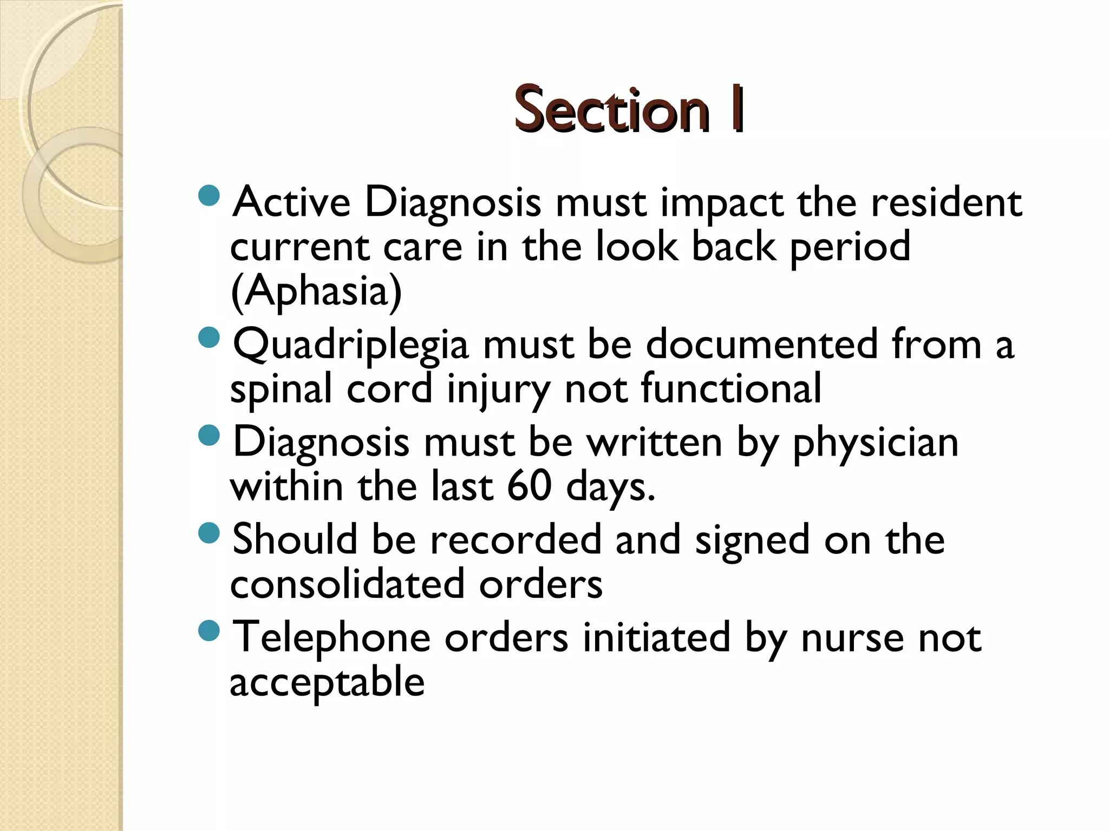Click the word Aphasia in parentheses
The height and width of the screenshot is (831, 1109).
coord(316,291)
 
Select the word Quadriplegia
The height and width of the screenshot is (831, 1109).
coord(350,345)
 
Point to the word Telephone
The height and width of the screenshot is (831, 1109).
coord(331,637)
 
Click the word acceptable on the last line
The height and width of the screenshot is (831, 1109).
coord(327,682)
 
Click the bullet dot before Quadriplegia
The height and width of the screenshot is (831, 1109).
coord(209,338)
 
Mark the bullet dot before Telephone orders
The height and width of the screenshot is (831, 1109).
coord(209,630)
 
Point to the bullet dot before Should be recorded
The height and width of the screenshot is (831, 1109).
coord(209,533)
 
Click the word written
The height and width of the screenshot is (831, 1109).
coord(655,443)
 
